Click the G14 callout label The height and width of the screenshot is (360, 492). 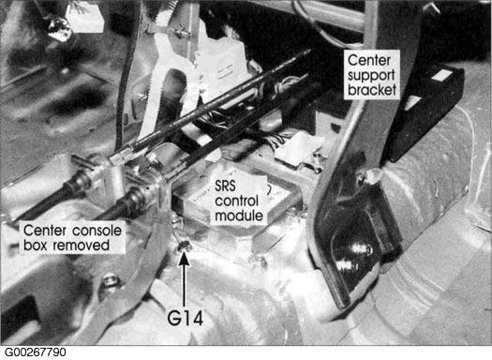click(x=186, y=318)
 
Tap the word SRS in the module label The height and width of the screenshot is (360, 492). click(x=225, y=187)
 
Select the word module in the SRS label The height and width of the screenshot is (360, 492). click(x=239, y=216)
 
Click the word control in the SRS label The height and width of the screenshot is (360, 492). click(x=236, y=202)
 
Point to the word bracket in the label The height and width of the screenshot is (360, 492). click(x=372, y=90)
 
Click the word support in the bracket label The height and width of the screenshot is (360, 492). click(x=371, y=76)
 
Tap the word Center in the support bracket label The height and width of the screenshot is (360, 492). click(x=369, y=61)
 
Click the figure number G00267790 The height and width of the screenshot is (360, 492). click(x=36, y=352)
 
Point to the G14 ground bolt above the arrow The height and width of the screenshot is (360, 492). click(x=185, y=246)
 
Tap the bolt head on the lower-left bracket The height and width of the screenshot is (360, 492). click(x=110, y=281)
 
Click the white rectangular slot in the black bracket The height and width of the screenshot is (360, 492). click(x=442, y=75)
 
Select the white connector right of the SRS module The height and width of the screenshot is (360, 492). click(x=296, y=150)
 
